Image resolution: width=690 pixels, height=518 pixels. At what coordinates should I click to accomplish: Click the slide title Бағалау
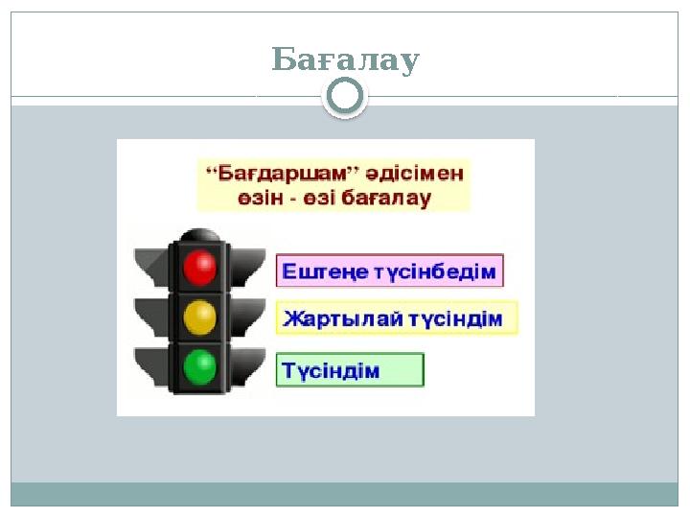[345, 59]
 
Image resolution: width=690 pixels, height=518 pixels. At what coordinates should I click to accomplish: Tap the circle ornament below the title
[345, 96]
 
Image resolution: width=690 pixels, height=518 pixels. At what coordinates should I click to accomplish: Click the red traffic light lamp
[199, 268]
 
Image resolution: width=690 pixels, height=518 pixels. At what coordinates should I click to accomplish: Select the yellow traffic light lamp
[199, 318]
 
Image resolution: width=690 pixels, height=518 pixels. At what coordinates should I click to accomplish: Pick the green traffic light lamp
[199, 366]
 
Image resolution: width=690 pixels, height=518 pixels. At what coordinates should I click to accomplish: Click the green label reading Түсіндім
[349, 370]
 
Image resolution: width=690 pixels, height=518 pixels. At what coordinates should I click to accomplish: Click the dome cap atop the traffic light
[199, 235]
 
